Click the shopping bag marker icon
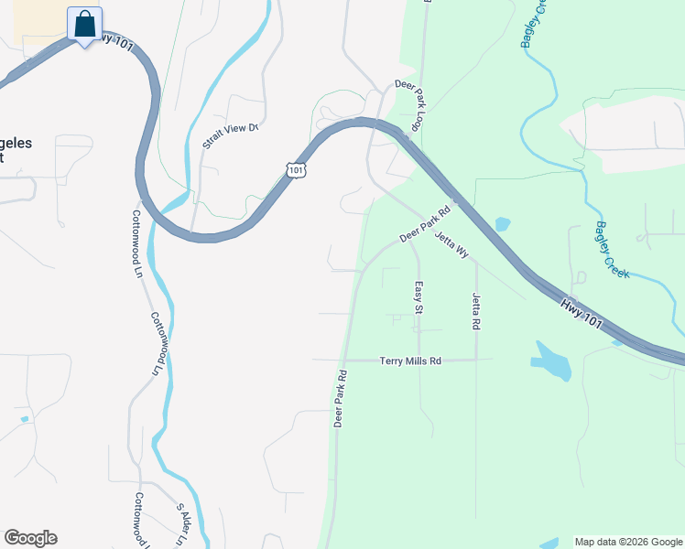[84, 25]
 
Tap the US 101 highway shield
[295, 169]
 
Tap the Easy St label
[418, 297]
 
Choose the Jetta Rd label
[476, 311]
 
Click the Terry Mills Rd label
[410, 361]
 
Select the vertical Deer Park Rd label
[340, 399]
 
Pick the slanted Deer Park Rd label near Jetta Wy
[425, 223]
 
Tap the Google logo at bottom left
[30, 538]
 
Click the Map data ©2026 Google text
[628, 542]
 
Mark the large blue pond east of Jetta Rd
[551, 361]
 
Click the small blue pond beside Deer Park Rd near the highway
[502, 223]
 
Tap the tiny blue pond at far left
[24, 419]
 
